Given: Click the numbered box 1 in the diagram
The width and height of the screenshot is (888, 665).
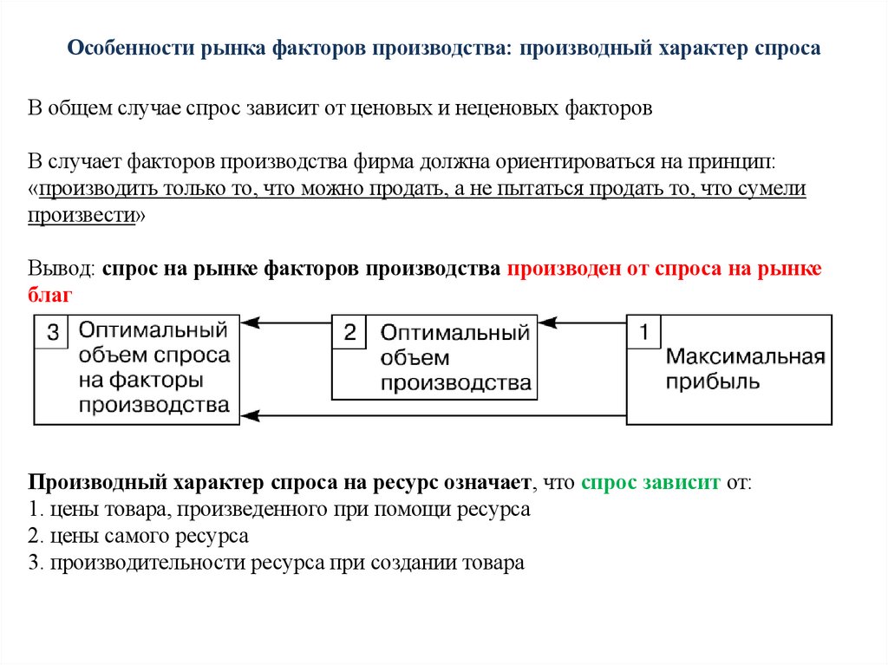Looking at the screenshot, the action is (x=643, y=331).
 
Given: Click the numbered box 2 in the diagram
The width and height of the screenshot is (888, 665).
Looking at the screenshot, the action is (x=349, y=332).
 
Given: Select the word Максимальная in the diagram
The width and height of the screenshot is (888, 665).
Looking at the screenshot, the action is (x=744, y=356).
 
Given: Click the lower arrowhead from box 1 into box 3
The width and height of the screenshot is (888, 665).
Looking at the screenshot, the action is (x=250, y=416).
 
